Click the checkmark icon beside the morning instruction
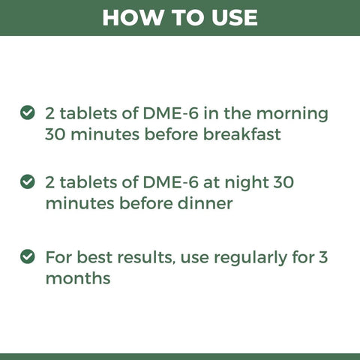[x=27, y=113]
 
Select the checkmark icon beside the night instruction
[x=27, y=181]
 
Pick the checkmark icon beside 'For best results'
[x=27, y=256]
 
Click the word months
[x=78, y=278]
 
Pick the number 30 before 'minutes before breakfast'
[x=58, y=136]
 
